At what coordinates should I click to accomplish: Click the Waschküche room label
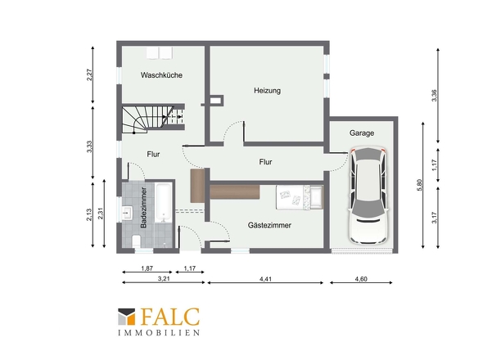[161, 75]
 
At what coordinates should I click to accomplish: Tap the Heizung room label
[267, 91]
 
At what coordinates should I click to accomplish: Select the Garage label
[362, 133]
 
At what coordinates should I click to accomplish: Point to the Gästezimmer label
[269, 225]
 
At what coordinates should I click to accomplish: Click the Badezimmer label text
[143, 208]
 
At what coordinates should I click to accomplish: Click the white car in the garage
[368, 196]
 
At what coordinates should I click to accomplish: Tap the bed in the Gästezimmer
[300, 197]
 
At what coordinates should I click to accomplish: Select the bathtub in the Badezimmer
[163, 202]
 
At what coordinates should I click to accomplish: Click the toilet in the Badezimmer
[136, 241]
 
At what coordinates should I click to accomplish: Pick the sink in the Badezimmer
[127, 213]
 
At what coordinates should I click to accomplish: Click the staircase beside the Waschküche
[153, 119]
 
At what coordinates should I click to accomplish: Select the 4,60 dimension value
[361, 279]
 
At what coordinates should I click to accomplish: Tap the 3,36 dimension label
[434, 96]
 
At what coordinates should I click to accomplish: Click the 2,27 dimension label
[89, 74]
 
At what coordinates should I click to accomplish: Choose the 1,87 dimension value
[147, 268]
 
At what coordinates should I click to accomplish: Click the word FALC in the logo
[170, 317]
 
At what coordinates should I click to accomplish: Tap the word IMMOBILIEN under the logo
[159, 333]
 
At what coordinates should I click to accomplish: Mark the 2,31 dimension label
[101, 213]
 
